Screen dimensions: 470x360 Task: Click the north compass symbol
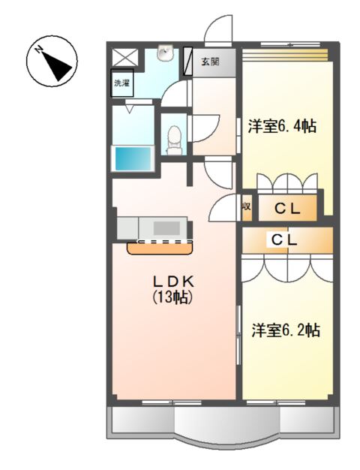51,62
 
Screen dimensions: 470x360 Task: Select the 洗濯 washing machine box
121,83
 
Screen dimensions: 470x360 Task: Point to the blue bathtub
132,158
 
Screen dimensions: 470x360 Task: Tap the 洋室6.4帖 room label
281,126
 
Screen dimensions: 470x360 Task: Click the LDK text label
174,281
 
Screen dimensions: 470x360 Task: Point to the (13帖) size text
174,297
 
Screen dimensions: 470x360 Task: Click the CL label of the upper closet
286,210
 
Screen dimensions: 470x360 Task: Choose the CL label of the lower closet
286,240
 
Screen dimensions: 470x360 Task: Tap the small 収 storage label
246,208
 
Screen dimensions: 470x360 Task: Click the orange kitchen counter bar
159,246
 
